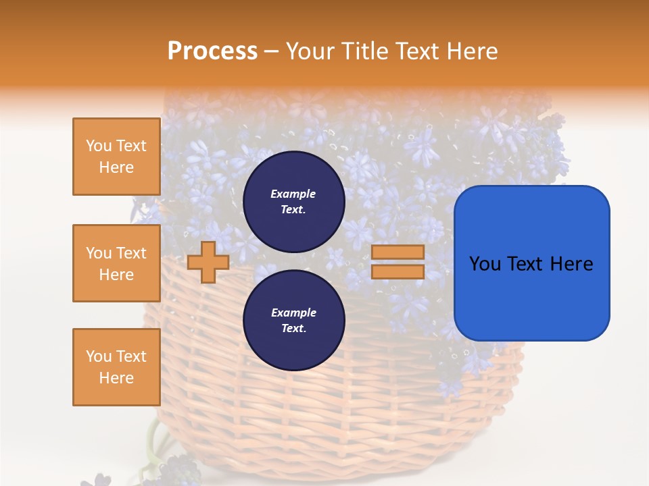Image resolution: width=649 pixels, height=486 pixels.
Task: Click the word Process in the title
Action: pos(212,51)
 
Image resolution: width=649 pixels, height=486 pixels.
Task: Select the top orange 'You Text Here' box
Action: pos(116,157)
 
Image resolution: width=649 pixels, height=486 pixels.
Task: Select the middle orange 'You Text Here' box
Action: pos(116,263)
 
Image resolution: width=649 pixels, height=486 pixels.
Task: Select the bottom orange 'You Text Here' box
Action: pos(116,367)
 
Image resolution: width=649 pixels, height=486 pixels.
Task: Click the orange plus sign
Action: pos(208,262)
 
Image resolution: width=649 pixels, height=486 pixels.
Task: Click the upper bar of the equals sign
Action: pos(398,252)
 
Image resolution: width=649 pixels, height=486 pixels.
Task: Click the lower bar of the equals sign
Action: pos(398,271)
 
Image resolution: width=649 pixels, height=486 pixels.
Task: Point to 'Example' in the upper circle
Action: pos(293,194)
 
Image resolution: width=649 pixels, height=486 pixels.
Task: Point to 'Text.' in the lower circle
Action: pos(293,329)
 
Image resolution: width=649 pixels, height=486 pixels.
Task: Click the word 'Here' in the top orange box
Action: pos(116,167)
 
